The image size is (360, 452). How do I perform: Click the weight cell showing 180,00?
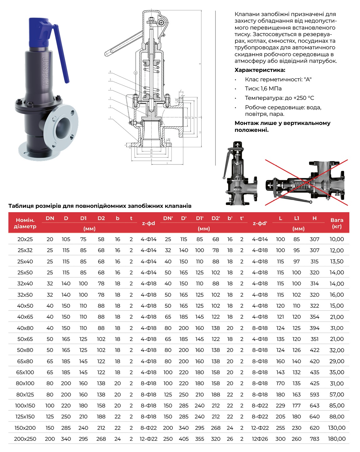pos(336,439)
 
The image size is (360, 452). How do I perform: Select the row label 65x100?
pos(25,372)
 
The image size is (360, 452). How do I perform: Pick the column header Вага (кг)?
pos(336,223)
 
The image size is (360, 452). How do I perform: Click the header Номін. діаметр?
pos(25,223)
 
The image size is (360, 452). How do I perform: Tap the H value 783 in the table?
pos(314,439)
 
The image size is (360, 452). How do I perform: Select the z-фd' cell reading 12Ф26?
pos(260,439)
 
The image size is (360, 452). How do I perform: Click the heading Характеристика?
pos(260,70)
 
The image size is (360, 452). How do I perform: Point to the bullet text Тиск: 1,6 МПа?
pos(263,89)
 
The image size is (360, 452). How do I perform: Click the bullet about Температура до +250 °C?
pos(279,98)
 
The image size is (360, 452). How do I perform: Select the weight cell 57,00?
pos(336,395)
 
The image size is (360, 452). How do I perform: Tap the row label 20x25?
pos(25,239)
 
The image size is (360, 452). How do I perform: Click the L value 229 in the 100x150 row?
pos(280,406)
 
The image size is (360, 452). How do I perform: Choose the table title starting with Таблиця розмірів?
pos(100,206)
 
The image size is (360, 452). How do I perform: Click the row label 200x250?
pos(25,439)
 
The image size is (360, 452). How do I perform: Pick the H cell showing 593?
pos(314,395)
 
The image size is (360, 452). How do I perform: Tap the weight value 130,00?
pos(336,428)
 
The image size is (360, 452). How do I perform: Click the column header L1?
pos(297,218)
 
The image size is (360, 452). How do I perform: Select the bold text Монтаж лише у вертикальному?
pos(282,123)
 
